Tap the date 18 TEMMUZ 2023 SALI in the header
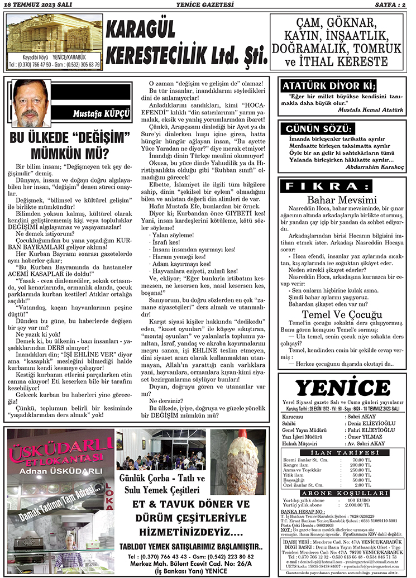pos(34,5)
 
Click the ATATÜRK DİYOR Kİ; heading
pos(329,86)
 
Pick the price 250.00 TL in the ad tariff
pos(360,470)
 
